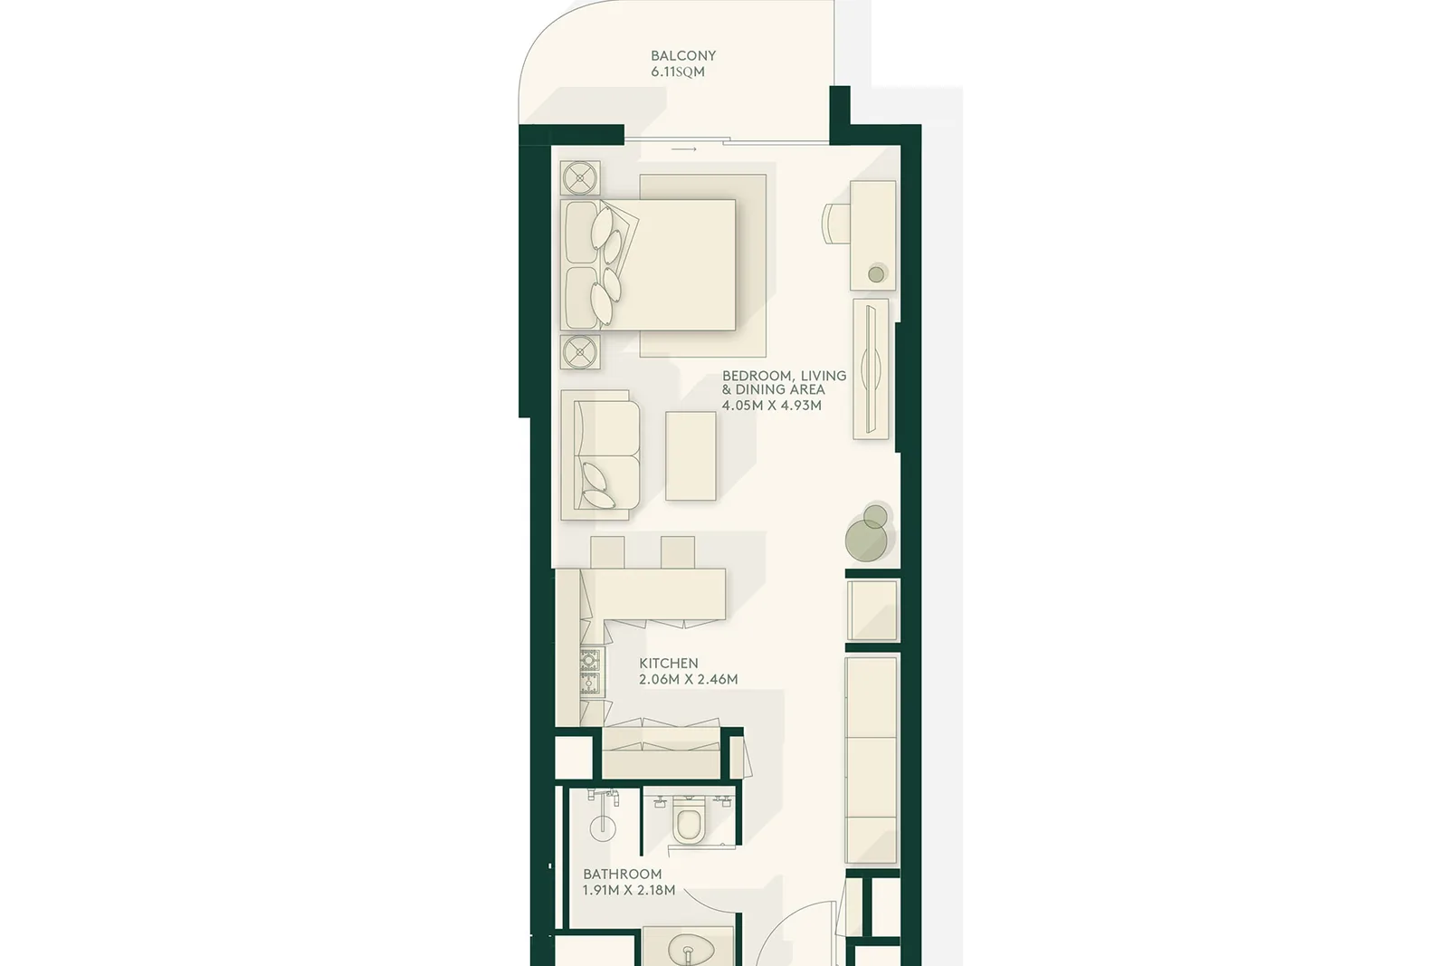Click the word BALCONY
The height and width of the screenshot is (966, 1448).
683,55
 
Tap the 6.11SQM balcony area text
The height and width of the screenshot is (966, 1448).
678,72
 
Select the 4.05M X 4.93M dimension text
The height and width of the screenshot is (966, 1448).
772,406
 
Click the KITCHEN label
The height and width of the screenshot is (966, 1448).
669,664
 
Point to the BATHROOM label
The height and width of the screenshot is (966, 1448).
623,875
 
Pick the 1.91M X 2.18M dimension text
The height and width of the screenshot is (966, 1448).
629,890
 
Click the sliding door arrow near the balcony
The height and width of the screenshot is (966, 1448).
684,149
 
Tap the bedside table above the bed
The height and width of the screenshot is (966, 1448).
580,177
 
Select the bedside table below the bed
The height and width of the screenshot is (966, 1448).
580,352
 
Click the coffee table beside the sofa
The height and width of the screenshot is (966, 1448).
691,456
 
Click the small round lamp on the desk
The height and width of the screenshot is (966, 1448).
876,274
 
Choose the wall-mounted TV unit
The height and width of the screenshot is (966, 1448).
871,369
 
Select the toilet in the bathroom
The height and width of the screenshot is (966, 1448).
688,821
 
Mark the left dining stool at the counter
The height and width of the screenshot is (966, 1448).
607,552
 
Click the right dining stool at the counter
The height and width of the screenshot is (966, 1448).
678,552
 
